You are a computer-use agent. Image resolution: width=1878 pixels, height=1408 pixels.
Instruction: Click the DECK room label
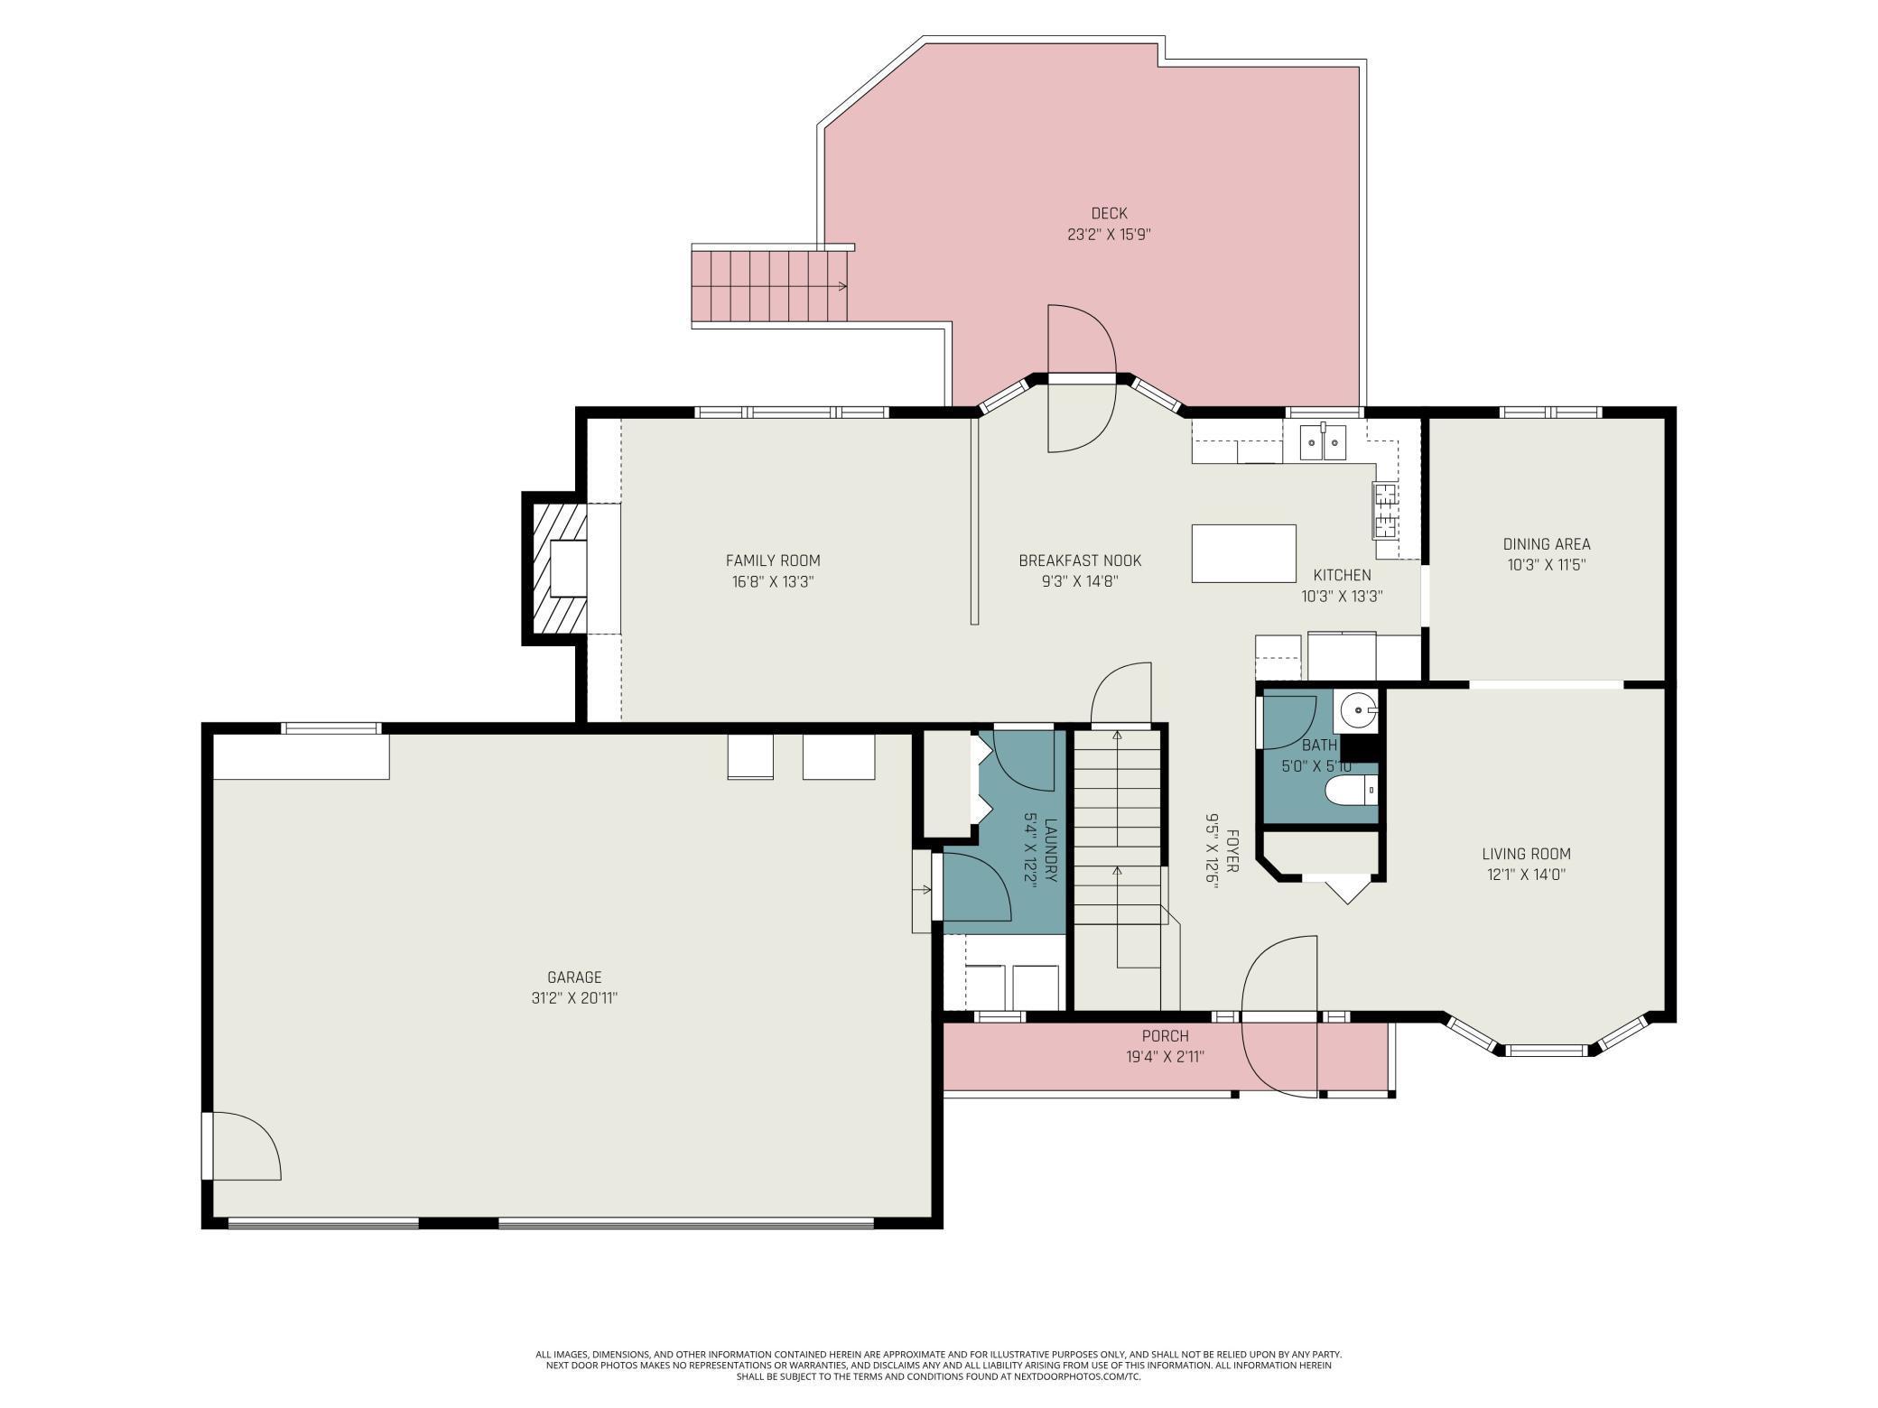click(1109, 214)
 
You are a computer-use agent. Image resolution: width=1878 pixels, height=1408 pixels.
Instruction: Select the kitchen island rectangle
click(1243, 553)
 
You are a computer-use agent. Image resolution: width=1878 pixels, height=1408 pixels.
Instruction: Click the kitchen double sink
click(1323, 443)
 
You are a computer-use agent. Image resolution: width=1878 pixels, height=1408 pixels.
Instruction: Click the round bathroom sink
click(1356, 711)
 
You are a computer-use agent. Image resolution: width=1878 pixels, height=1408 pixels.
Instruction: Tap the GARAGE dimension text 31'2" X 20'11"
click(574, 998)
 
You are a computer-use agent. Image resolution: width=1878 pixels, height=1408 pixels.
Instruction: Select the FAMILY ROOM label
click(773, 560)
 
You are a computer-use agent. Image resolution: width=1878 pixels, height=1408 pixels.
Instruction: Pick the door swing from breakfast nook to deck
click(1081, 379)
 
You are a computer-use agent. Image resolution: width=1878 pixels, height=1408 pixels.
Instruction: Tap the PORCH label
click(1165, 1036)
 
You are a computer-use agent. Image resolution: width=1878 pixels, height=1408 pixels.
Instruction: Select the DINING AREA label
click(1546, 544)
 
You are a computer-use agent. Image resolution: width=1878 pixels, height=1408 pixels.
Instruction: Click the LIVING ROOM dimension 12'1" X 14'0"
click(1526, 875)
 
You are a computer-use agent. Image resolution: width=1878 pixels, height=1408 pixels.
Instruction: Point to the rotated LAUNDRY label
click(1050, 849)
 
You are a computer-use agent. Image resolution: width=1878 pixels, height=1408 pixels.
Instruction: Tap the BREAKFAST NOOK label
click(1080, 560)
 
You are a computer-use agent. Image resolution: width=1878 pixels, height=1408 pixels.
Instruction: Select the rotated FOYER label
click(1232, 850)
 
